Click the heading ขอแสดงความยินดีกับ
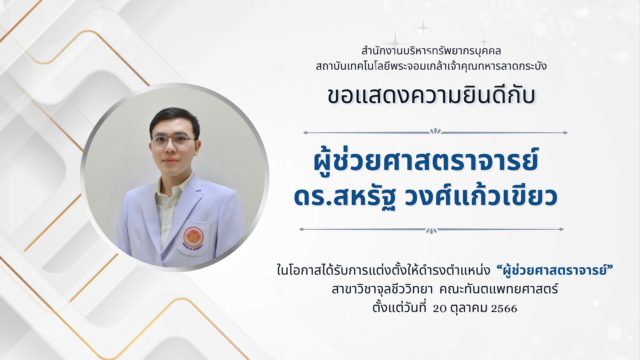(x=431, y=96)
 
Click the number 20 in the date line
(x=440, y=308)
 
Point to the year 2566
(x=504, y=308)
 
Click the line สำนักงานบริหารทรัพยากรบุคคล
(x=431, y=51)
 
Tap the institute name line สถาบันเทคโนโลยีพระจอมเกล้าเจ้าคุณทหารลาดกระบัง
(x=431, y=66)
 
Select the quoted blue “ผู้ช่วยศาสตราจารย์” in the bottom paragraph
(x=555, y=270)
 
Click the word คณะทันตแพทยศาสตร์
(x=499, y=289)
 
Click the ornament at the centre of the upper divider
(x=435, y=131)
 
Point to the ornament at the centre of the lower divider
(x=431, y=230)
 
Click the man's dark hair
(x=174, y=120)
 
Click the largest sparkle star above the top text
(x=423, y=27)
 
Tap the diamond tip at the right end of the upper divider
(x=565, y=133)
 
